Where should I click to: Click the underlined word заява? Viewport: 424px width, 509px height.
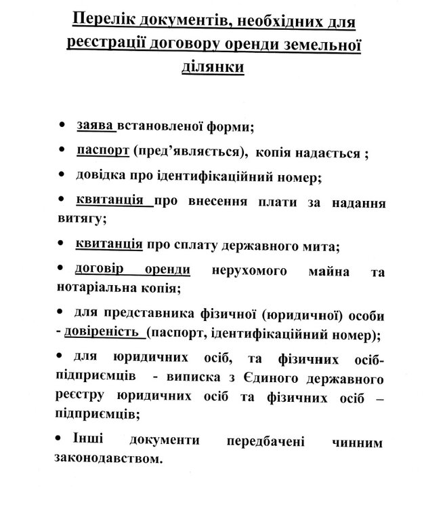96,126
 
